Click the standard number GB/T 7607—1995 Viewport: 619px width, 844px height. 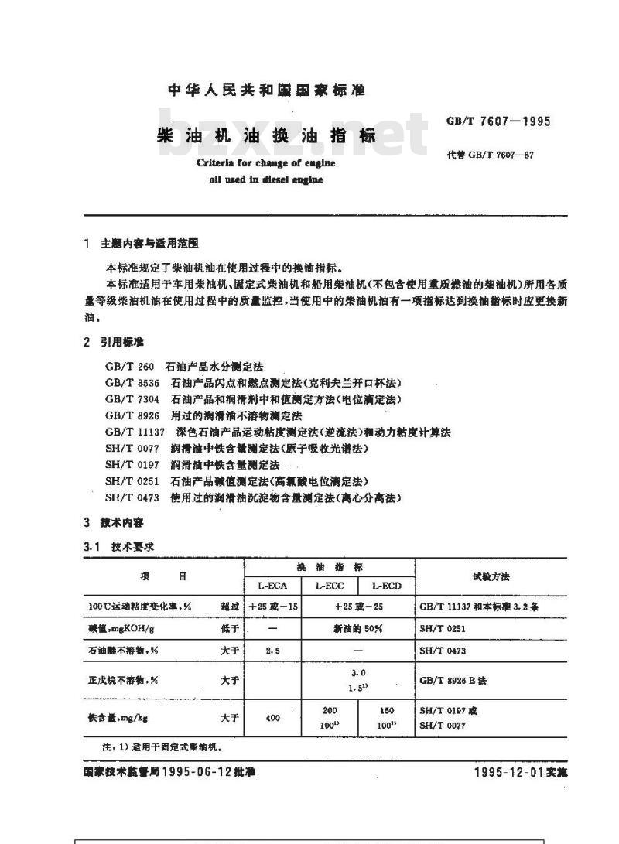(x=498, y=121)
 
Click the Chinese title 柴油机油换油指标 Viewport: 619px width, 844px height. (x=267, y=135)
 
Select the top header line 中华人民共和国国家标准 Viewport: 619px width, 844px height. (x=267, y=91)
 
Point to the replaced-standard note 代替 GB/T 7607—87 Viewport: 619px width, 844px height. (x=490, y=155)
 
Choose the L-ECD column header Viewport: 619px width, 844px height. (x=387, y=586)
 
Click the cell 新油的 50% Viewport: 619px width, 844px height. (x=357, y=628)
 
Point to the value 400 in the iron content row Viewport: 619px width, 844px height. (x=272, y=718)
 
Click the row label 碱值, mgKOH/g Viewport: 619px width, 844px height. (x=117, y=629)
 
